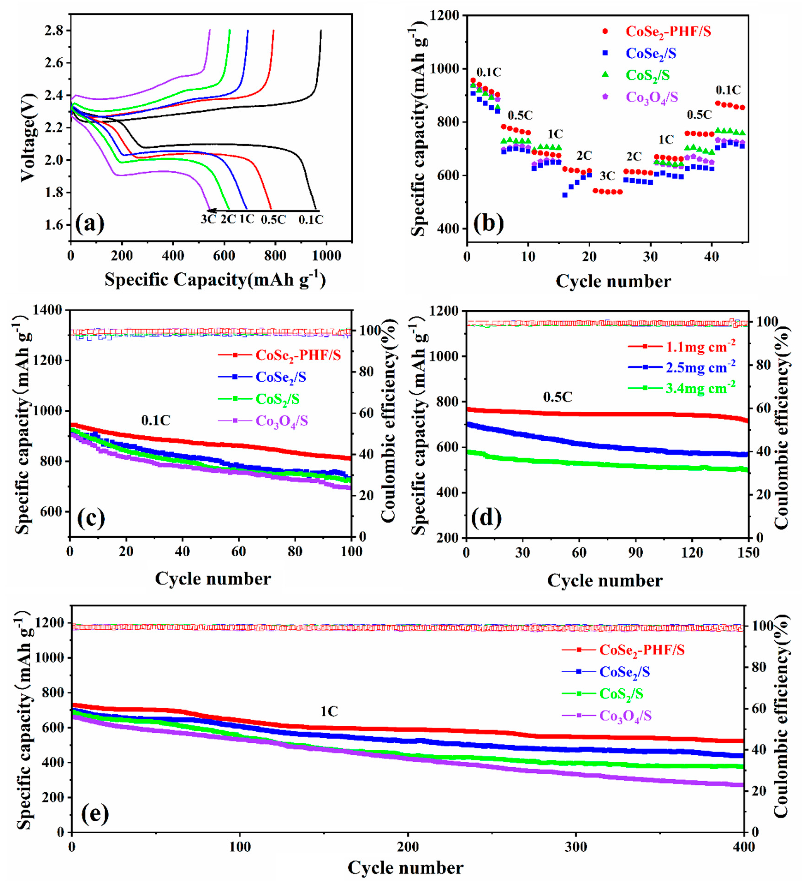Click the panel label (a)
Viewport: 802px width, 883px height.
[90, 224]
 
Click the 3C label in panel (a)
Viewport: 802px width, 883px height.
[208, 219]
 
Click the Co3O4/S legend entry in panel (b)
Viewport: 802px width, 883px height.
[651, 97]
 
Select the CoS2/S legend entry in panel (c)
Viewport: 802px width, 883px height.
[278, 399]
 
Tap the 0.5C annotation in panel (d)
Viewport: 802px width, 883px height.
[558, 397]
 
